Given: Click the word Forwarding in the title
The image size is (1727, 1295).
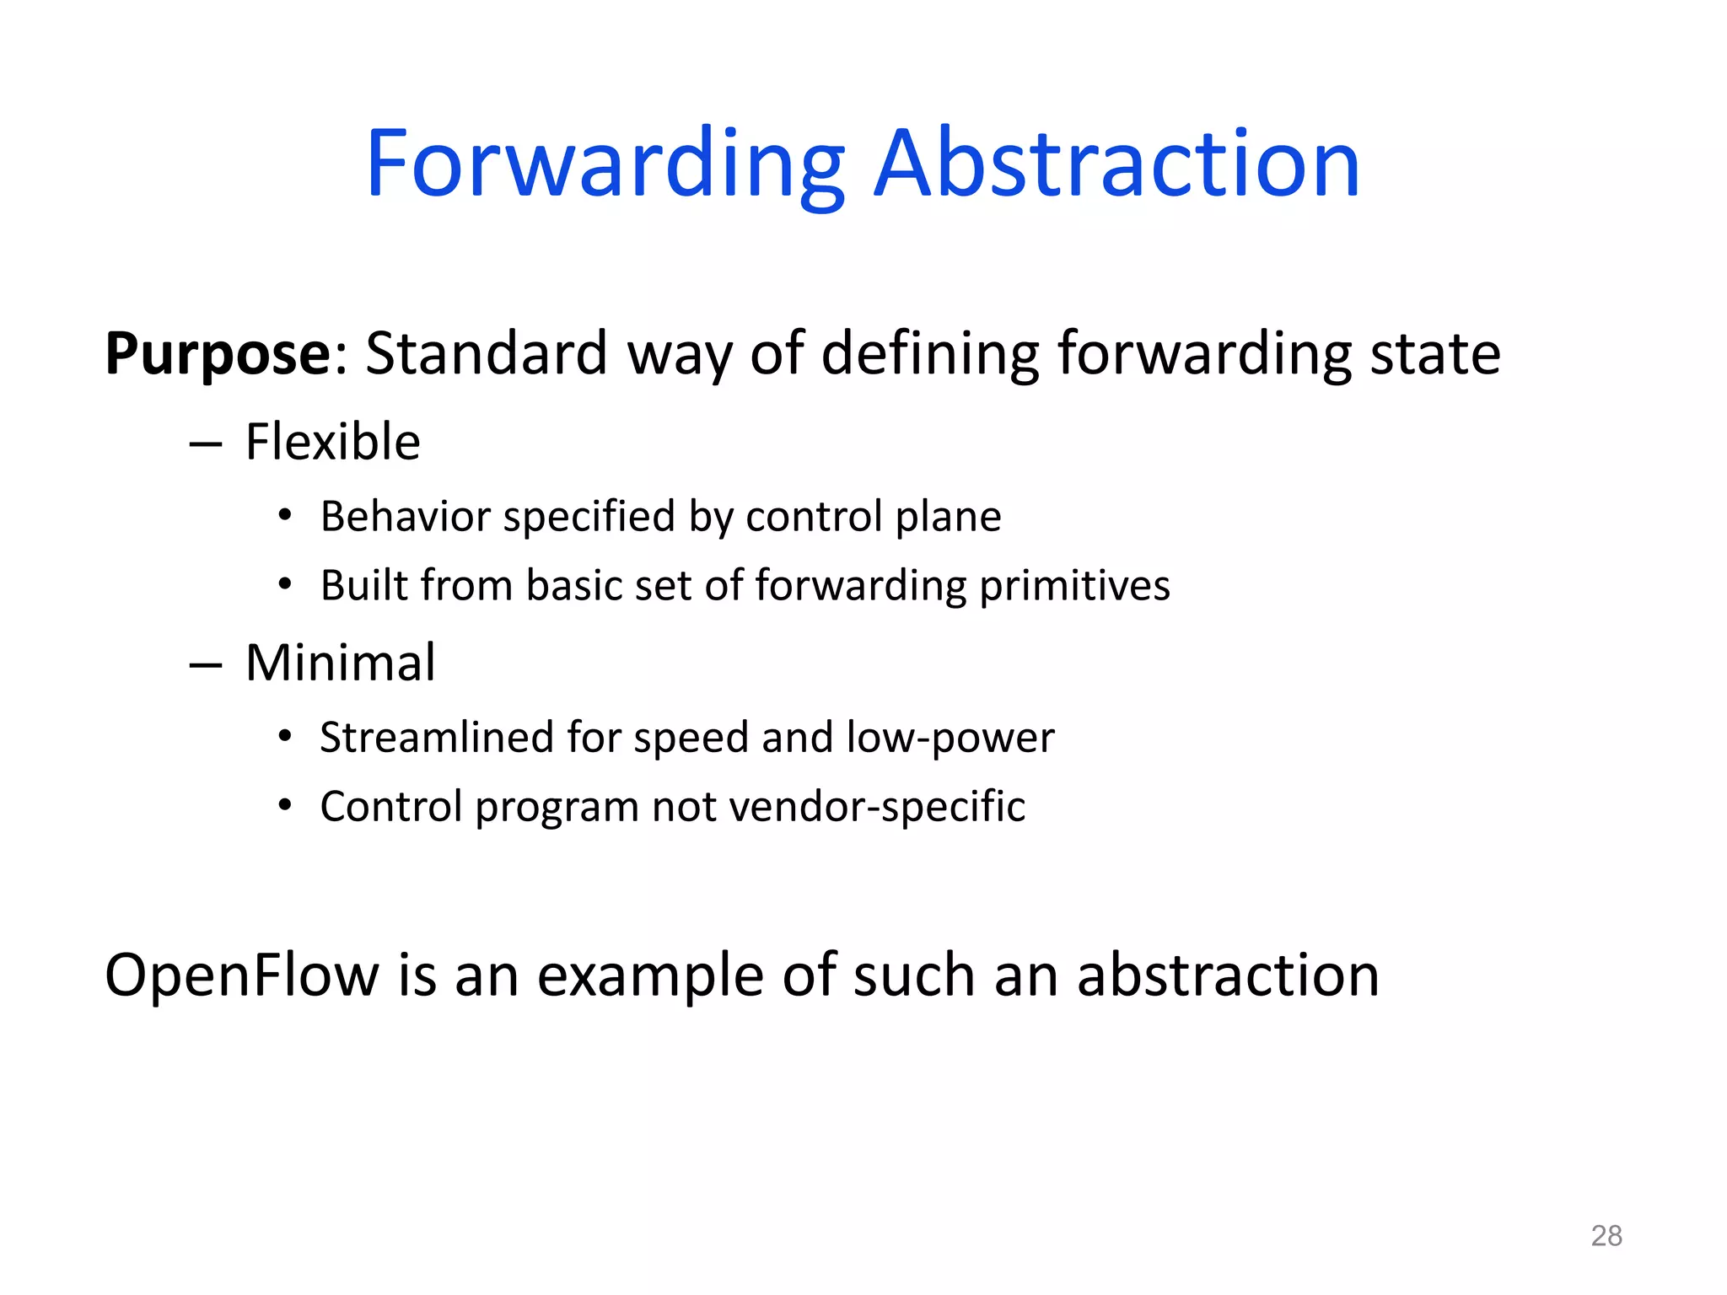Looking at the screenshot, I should [604, 164].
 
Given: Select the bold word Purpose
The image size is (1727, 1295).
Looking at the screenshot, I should [218, 354].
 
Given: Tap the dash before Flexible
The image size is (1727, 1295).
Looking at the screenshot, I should [206, 444].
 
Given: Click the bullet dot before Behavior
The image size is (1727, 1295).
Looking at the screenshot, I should [285, 515].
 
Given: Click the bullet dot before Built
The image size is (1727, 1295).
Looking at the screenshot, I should [285, 583].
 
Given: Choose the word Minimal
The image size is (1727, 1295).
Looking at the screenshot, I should [340, 663].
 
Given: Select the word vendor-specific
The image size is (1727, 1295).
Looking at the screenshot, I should [877, 807].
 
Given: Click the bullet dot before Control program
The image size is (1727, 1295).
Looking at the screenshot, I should [285, 806].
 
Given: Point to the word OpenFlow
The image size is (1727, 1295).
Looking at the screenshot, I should [242, 975].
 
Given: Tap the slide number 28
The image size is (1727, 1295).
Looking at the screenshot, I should [1606, 1236].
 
